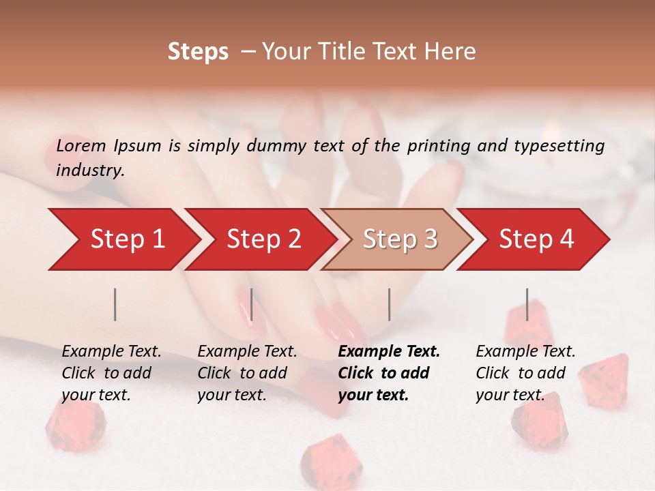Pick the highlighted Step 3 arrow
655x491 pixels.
400,239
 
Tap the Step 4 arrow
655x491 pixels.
536,239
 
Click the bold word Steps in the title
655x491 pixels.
198,52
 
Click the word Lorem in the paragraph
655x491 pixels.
81,146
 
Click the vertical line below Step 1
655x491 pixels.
115,304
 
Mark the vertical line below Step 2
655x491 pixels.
252,304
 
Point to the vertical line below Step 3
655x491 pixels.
389,304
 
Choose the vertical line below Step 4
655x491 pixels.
527,304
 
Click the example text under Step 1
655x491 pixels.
111,373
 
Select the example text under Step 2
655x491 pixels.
247,373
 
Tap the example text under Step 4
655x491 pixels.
525,373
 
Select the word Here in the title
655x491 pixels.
453,52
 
